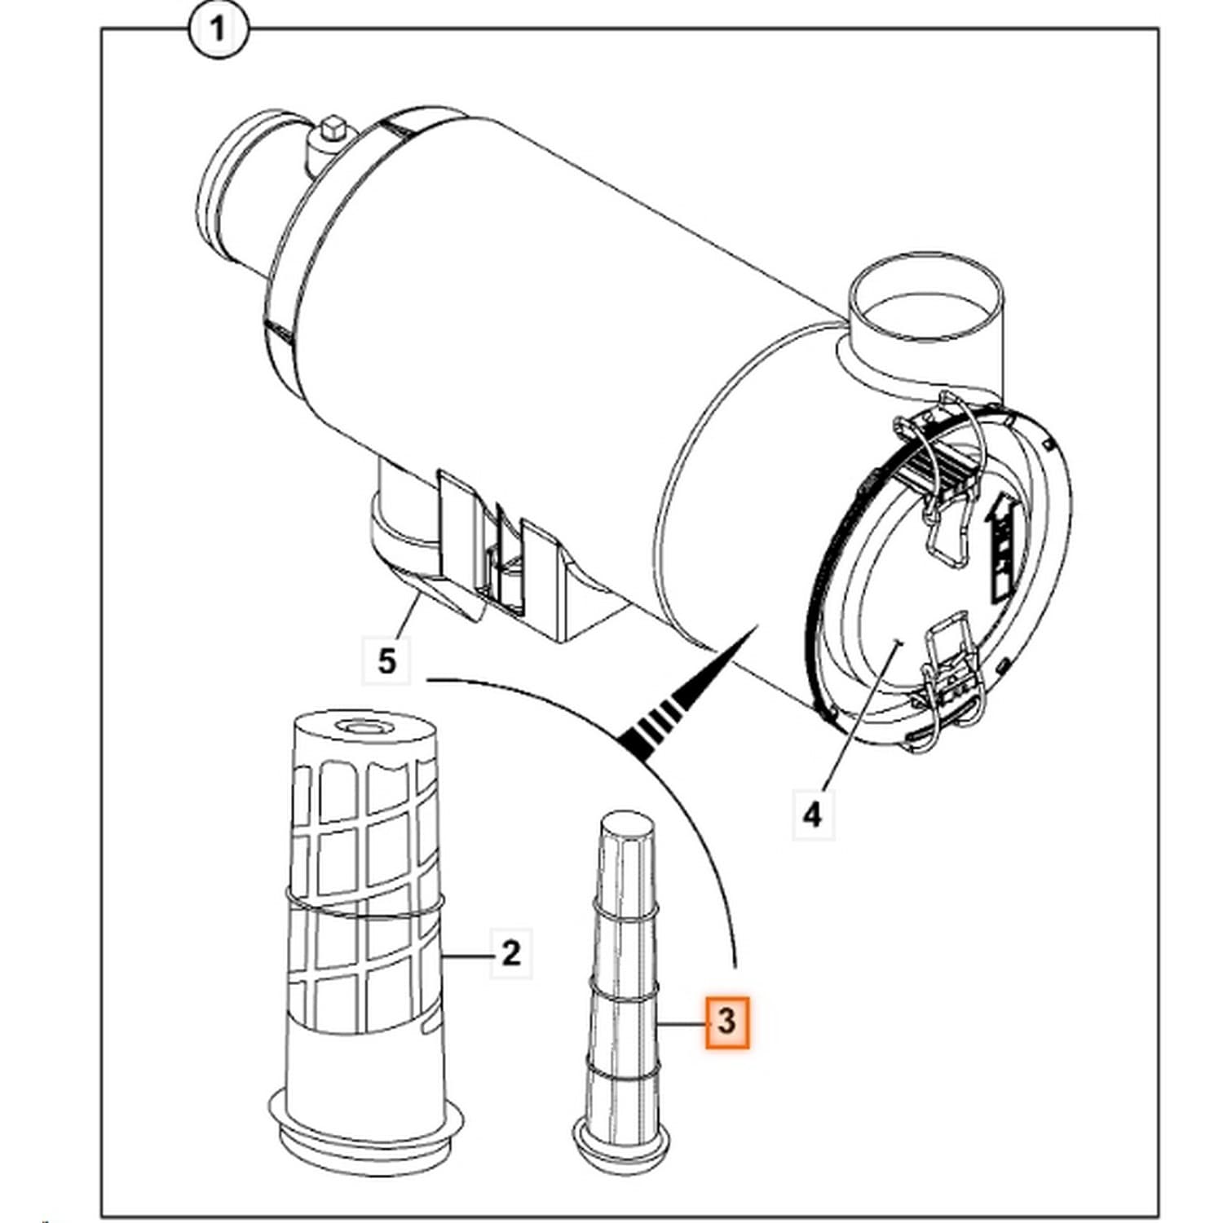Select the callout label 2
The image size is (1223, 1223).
510,952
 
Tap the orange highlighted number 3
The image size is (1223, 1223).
726,1021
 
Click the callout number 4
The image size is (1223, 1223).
813,815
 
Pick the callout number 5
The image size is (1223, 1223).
387,660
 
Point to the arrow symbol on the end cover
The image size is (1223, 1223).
1004,542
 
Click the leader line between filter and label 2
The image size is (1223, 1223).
466,952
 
